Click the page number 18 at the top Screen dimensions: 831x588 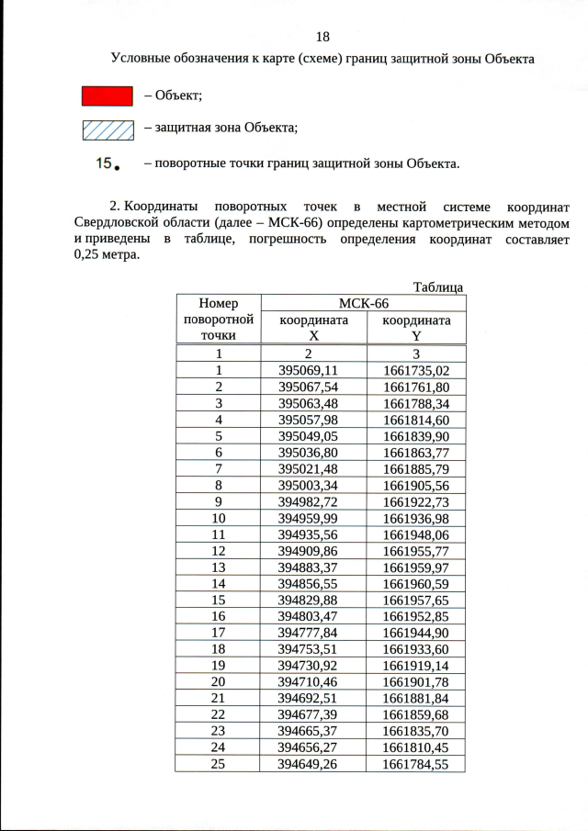coord(322,37)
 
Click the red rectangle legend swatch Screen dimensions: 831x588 coord(108,95)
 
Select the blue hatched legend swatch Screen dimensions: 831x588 coord(108,129)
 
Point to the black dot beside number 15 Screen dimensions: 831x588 coord(118,168)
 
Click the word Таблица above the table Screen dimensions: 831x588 coord(439,287)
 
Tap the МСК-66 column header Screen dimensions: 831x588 coord(364,303)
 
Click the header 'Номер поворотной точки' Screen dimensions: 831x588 coord(219,319)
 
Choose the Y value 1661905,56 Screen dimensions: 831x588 coord(416,485)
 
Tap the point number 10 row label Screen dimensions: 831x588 coord(219,518)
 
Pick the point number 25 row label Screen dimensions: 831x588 coord(219,763)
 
